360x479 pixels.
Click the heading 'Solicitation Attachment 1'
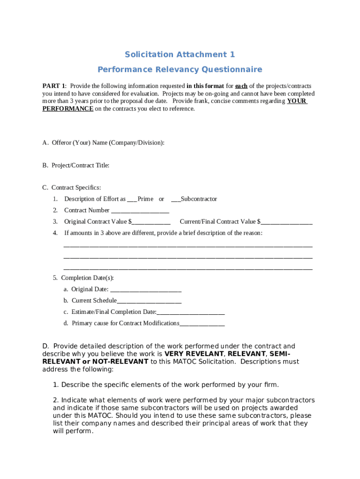180,55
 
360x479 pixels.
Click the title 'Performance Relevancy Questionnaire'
180,70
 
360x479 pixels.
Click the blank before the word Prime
132,199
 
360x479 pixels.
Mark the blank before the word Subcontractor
176,199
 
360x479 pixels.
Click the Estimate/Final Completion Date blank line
191,312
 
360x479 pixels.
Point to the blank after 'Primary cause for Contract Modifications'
202,323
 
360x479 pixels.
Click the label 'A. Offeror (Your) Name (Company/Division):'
103,143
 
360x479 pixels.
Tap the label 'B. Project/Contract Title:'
76,166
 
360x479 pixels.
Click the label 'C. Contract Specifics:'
72,188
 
